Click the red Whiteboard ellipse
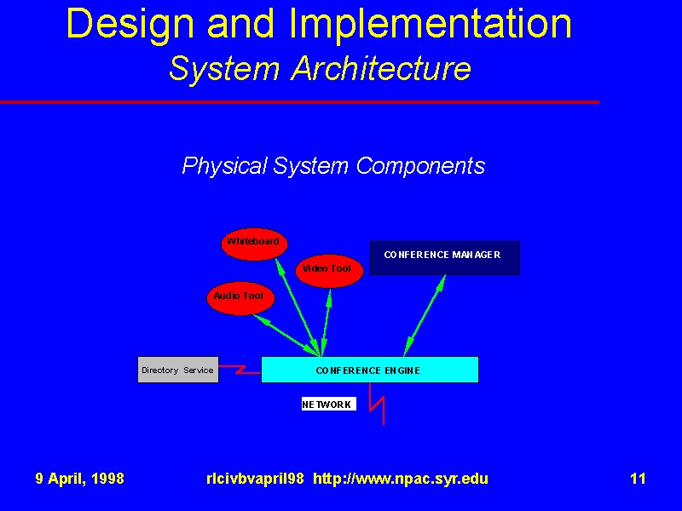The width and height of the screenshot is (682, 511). [254, 244]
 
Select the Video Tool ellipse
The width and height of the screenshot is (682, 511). [329, 271]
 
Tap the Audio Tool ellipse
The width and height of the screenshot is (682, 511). [240, 298]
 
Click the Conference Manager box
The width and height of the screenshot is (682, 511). [445, 258]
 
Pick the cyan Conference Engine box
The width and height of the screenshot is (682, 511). [370, 370]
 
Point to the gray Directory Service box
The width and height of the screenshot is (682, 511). [178, 370]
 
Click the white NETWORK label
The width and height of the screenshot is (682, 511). [329, 404]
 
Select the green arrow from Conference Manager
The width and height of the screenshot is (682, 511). [425, 315]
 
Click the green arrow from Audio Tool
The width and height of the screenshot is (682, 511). [287, 335]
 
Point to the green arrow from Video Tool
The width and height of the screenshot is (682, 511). [326, 323]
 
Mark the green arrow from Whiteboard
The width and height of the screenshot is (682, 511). [298, 307]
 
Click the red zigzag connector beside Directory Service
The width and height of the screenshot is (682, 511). [240, 370]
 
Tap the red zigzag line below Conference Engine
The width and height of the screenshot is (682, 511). [376, 404]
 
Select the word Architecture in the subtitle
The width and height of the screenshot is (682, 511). [381, 68]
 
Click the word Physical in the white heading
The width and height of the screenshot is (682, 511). [224, 166]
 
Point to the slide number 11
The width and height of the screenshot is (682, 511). [638, 479]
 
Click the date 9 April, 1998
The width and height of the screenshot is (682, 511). [79, 479]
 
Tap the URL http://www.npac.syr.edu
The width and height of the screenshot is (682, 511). [401, 479]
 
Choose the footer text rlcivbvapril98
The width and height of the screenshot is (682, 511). [255, 479]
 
